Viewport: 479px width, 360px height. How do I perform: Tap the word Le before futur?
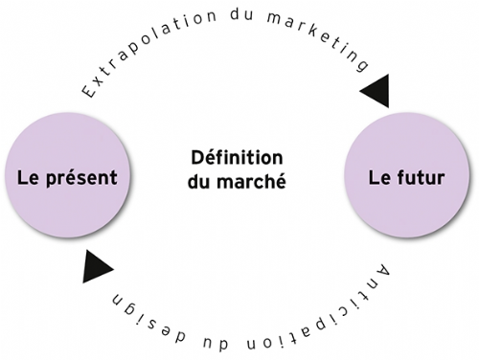tap(378, 178)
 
